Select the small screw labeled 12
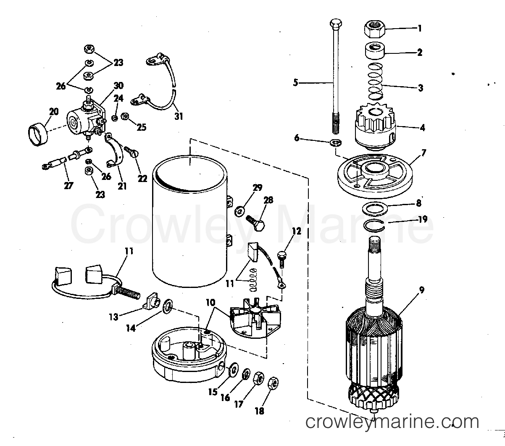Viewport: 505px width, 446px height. pos(282,257)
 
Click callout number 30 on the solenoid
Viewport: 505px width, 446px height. pos(118,85)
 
